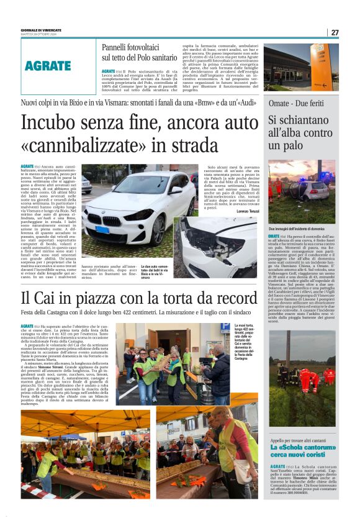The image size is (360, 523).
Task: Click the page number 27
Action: coord(335,32)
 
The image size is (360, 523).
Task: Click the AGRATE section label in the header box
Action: coord(48,65)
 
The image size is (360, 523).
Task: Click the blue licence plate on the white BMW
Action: coord(101,229)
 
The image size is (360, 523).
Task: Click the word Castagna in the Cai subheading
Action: coord(66,312)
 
